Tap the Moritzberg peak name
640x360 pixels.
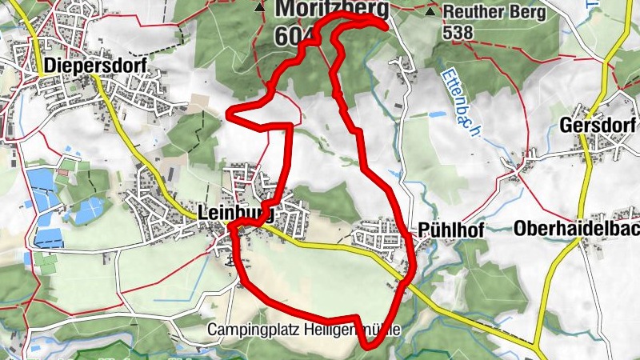332,10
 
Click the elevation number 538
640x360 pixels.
458,32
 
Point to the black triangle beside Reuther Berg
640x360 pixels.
431,12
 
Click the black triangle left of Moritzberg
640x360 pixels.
258,8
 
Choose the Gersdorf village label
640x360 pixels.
598,126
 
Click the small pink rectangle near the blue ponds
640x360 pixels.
62,170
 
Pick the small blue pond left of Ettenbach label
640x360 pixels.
435,114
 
